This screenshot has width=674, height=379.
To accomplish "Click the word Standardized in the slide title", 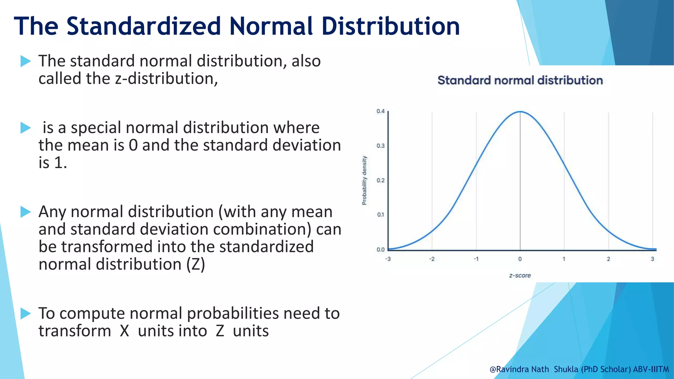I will pyautogui.click(x=143, y=26).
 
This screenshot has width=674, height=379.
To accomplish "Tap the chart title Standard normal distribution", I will pyautogui.click(x=520, y=81).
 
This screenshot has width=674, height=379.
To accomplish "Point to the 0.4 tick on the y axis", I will pyautogui.click(x=380, y=111).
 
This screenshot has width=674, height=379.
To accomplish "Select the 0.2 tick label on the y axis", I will pyautogui.click(x=380, y=180).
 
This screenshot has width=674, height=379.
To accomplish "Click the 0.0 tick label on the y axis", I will pyautogui.click(x=380, y=249).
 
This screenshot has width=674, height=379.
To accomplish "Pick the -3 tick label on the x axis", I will pyautogui.click(x=388, y=259).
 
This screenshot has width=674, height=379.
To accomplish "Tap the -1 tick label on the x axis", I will pyautogui.click(x=476, y=259).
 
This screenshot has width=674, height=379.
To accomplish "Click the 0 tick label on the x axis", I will pyautogui.click(x=520, y=259).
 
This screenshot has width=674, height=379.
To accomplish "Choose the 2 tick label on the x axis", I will pyautogui.click(x=609, y=259).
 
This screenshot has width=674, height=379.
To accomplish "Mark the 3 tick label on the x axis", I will pyautogui.click(x=652, y=259).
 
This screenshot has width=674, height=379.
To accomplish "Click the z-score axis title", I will pyautogui.click(x=520, y=276).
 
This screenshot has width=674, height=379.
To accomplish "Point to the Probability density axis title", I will pyautogui.click(x=364, y=180).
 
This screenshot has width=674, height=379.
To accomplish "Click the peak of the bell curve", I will pyautogui.click(x=520, y=112).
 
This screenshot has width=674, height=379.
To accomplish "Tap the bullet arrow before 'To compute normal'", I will pyautogui.click(x=26, y=314).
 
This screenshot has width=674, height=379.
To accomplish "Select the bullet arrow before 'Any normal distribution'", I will pyautogui.click(x=26, y=212).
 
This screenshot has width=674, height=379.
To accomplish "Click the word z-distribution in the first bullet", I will pyautogui.click(x=166, y=79).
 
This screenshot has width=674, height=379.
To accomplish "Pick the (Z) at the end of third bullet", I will pyautogui.click(x=195, y=265).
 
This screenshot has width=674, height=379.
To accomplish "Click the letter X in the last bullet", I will pyautogui.click(x=124, y=331).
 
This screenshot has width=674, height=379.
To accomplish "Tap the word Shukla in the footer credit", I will pyautogui.click(x=566, y=369).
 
